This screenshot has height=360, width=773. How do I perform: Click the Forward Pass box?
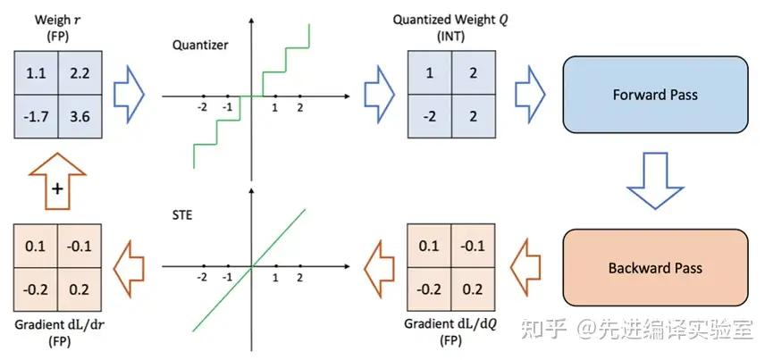coord(655,94)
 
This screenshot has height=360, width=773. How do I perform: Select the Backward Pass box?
coord(655,267)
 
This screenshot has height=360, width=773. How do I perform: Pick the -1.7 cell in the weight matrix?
coord(36,115)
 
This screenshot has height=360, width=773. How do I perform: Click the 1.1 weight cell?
coord(36,72)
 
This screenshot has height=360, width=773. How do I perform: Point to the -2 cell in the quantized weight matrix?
coord(430,115)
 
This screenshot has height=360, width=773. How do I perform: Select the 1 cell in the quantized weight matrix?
coord(430,72)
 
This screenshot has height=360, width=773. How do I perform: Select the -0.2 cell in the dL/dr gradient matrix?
coord(36,289)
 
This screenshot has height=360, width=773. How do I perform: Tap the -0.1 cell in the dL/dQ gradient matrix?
coord(474,246)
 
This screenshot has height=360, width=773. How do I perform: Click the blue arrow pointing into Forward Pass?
coord(533,94)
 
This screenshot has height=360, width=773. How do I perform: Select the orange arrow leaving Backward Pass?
coord(533,267)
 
